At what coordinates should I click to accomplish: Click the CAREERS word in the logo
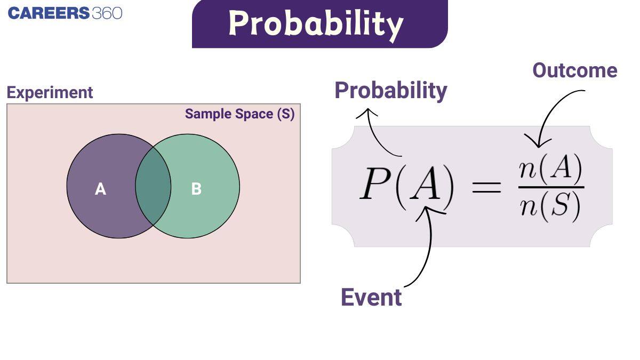coord(49,13)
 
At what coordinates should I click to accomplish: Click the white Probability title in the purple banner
coord(316,25)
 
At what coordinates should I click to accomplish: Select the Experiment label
coord(50,93)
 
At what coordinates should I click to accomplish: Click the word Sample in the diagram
coord(209,114)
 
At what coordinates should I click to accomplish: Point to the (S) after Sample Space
coord(286,114)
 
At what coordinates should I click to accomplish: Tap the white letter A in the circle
coord(100,189)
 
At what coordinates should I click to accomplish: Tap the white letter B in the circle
coord(196,189)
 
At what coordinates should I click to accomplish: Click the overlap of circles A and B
coord(153,186)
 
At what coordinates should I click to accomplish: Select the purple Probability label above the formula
coord(390,91)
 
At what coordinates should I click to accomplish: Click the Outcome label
coord(575,70)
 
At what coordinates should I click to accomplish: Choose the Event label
coord(371,298)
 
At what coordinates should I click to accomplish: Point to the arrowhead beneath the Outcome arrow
coord(538,143)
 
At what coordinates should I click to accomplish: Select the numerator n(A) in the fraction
coord(550,169)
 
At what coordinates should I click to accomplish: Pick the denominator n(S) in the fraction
coord(550,206)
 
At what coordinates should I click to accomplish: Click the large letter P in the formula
coord(375,183)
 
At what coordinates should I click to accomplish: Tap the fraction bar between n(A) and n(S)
coord(551,187)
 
